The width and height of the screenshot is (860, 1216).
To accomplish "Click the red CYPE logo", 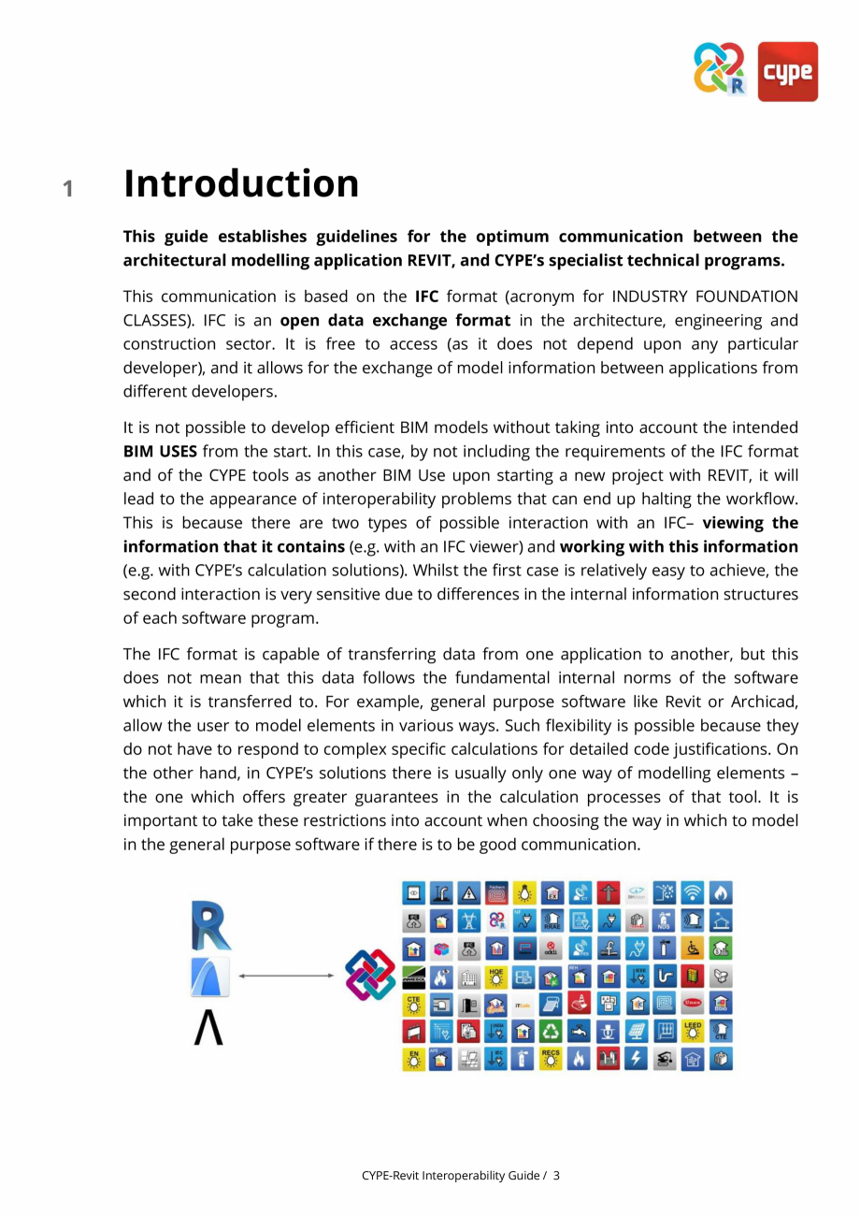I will coord(787,71).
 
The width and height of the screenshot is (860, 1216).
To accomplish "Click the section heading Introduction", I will coord(241,183).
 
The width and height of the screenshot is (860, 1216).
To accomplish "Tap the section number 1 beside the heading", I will coord(68,189).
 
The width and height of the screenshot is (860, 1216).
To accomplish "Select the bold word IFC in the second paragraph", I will coord(426,297).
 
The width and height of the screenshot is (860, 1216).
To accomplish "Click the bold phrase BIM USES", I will coord(160,452).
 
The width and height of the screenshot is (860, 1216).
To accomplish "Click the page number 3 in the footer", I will coord(556,1175).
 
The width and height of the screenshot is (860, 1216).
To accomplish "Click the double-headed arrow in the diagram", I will coord(286,976).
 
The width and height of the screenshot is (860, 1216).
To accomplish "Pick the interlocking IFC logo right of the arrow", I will coord(371,976).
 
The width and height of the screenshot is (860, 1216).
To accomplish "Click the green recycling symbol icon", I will coord(552,1031).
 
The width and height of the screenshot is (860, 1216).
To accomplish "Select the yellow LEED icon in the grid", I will coord(693,1031).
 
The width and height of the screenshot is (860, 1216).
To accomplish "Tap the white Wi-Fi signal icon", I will coord(693,893).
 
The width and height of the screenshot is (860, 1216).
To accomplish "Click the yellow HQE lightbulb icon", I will coord(496,977).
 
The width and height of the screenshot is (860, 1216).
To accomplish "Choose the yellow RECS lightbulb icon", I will coord(552,1059).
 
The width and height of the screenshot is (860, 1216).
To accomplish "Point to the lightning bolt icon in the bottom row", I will coord(637,1059).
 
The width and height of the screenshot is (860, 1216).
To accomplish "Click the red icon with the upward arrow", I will coord(609,893).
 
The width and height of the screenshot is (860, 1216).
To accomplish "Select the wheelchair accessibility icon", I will coord(693,948).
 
